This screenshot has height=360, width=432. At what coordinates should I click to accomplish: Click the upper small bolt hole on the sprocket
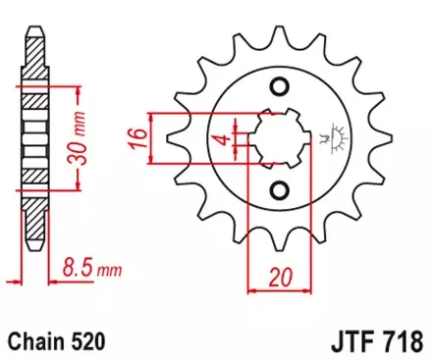click(x=281, y=89)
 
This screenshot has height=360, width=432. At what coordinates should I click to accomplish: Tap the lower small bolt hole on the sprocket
click(x=281, y=188)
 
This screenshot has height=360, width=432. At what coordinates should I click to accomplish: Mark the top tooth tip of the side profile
click(x=35, y=23)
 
